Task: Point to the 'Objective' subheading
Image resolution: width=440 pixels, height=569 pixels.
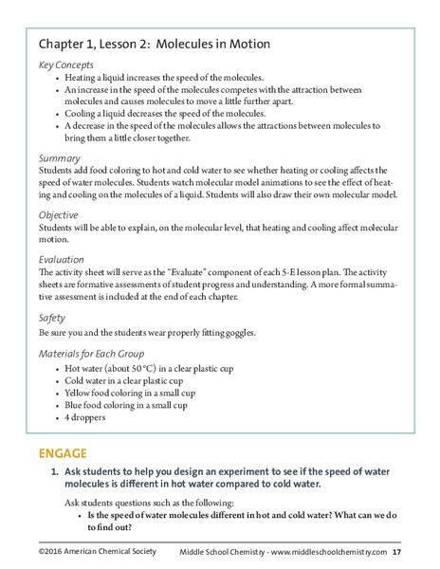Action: pos(62,215)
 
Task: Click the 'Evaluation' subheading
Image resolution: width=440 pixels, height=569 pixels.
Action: pos(64,258)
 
